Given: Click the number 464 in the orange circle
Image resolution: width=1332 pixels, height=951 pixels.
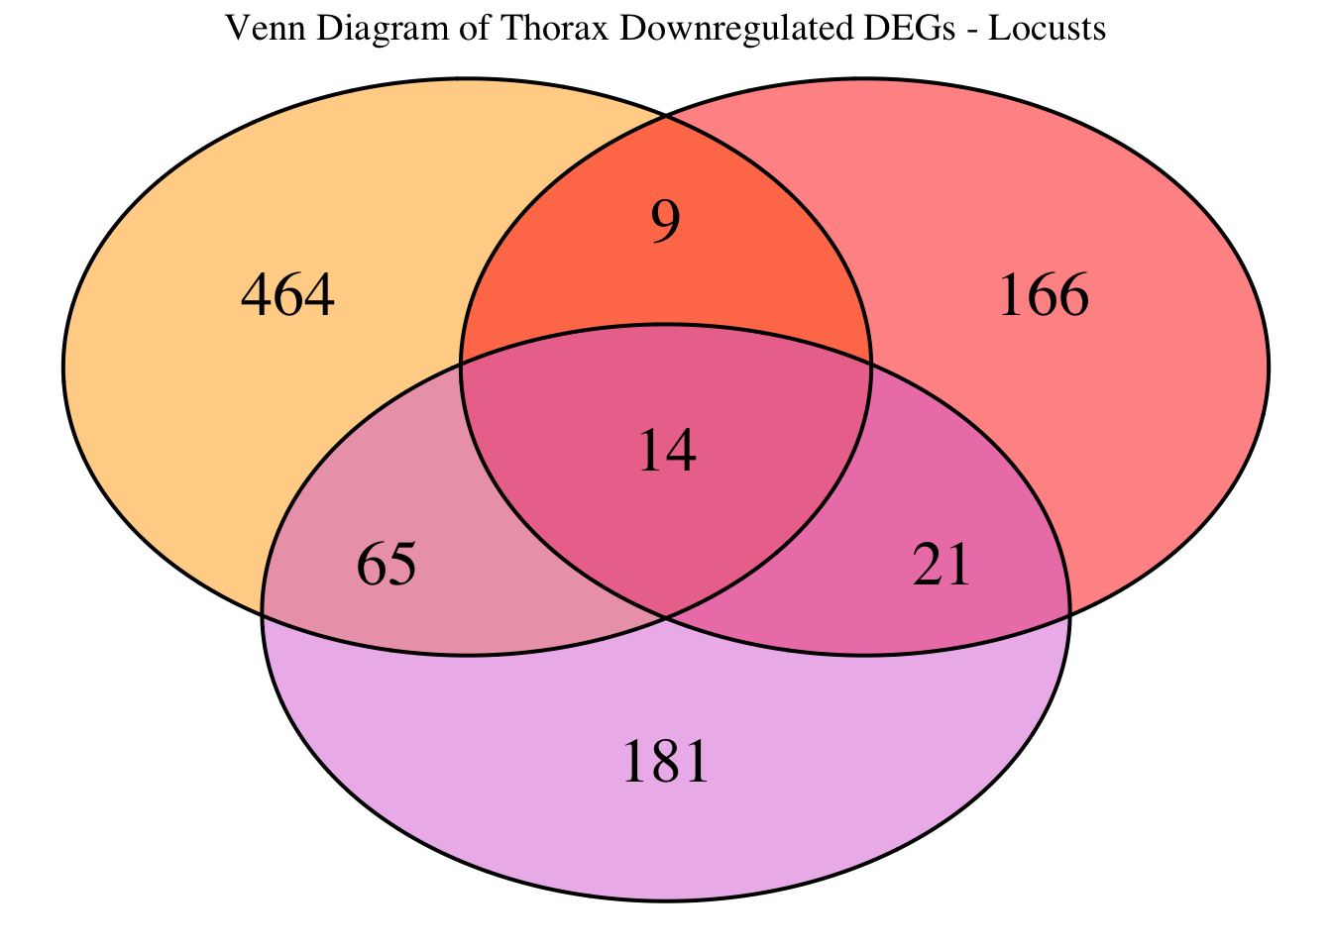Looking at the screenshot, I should coord(288,296).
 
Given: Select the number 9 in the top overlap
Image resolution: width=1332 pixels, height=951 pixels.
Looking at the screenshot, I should coord(666,223).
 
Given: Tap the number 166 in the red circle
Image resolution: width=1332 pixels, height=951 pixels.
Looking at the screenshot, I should coord(1044,296).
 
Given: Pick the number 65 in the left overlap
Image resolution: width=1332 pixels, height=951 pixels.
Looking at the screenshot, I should coord(387,567).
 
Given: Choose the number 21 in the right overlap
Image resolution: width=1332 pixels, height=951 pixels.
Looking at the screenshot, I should coord(942,567).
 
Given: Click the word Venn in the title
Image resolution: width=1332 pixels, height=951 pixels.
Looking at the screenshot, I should coord(255,29).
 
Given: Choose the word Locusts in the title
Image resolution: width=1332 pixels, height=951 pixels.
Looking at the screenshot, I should coord(1048,29).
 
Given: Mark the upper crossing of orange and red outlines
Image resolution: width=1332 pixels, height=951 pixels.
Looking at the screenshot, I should coord(666,117).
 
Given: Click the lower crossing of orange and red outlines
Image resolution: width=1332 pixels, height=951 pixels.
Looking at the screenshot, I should coord(666,617).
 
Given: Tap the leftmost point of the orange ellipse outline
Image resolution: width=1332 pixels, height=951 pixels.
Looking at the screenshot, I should coord(63,367).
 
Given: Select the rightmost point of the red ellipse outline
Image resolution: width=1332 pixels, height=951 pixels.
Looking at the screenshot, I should coord(1269,367).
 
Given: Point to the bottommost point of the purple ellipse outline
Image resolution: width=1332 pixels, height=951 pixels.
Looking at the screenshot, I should coord(666,900).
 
